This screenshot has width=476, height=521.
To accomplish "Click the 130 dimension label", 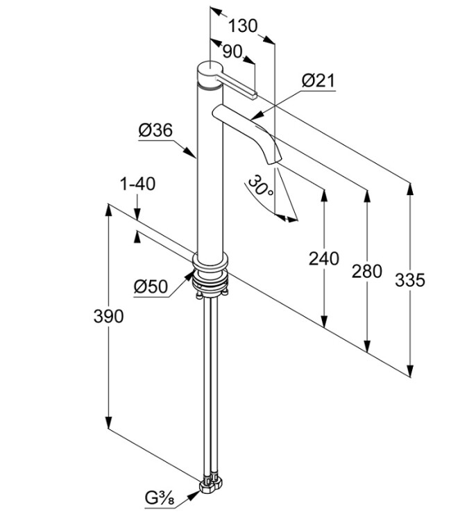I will point(242,26).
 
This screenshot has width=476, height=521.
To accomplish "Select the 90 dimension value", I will point(232,51).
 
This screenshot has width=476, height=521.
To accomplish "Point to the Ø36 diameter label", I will point(155,130).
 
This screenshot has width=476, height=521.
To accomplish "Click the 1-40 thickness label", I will point(137,184).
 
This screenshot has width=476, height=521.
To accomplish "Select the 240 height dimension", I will point(324,258).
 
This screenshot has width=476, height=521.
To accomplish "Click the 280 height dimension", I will point(367,271).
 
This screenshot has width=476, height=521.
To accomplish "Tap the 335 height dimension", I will point(410,279).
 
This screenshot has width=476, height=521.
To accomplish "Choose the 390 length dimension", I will point(108,316).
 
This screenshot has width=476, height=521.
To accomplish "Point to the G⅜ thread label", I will point(160,498).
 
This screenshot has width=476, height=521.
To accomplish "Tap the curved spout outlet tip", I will point(276,161).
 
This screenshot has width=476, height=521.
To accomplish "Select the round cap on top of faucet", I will point(207,72).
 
